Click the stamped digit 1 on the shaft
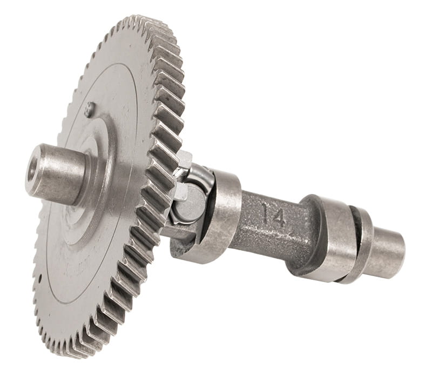pyautogui.click(x=266, y=212)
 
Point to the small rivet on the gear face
pyautogui.click(x=90, y=106)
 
